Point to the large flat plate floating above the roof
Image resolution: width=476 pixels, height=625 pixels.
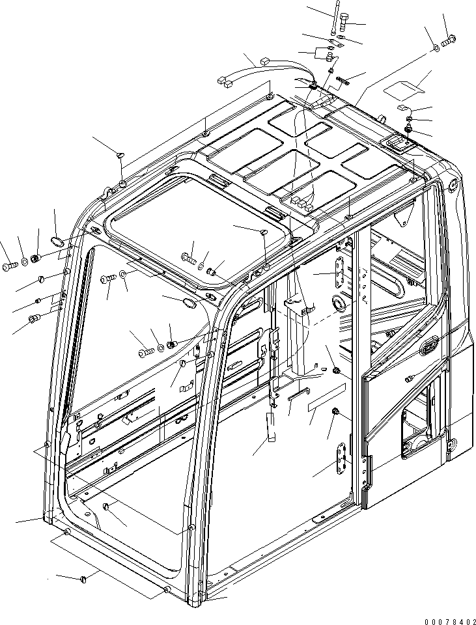point(404,85)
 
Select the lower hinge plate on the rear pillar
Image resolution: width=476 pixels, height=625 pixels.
point(342,462)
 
